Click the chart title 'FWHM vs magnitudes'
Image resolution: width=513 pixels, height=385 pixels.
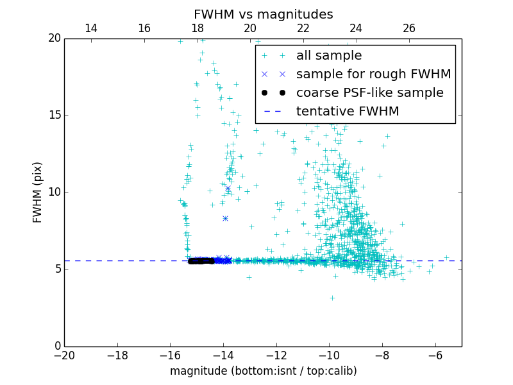[263, 14]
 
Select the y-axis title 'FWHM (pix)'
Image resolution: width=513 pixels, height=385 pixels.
[38, 193]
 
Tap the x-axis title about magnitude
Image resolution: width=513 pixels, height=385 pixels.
[263, 371]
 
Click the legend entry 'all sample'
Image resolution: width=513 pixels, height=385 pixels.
[329, 56]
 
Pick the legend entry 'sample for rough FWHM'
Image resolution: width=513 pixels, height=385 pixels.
[373, 74]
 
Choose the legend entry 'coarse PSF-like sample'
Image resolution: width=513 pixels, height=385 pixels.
[369, 92]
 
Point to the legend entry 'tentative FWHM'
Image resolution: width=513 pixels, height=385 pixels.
[348, 111]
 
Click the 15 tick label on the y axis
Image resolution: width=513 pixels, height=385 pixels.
[54, 116]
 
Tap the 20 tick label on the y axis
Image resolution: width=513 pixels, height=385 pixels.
[54, 38]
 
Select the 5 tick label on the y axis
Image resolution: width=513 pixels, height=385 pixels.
[57, 269]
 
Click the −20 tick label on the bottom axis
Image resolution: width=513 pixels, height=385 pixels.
[64, 355]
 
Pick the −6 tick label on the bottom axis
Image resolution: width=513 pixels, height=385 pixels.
[435, 355]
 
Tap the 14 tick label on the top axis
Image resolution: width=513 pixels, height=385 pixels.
[91, 28]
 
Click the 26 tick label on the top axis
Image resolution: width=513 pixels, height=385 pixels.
[409, 28]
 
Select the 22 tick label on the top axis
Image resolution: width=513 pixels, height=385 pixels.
[303, 28]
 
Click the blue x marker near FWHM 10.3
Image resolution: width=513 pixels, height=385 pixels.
[228, 188]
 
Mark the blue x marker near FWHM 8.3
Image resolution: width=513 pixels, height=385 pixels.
[225, 218]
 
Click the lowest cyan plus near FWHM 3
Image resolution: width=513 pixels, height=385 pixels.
[332, 298]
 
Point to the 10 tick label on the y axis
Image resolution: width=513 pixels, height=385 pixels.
[54, 193]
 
